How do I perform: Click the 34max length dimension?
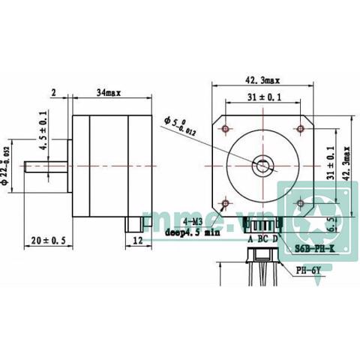coord(109,92)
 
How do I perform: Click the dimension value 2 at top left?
coord(55,92)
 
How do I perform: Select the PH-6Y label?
coord(309,271)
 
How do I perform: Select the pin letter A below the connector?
coord(250,238)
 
